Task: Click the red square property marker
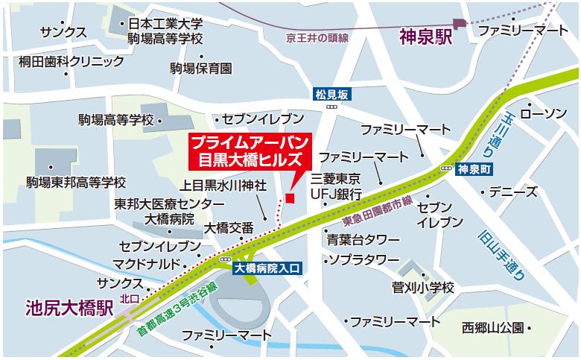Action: (290, 197)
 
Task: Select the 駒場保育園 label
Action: (200, 69)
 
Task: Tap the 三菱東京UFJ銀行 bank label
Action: (336, 186)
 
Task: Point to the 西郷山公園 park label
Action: (491, 326)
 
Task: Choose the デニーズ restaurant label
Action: (515, 192)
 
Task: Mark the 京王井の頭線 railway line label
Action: (317, 38)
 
